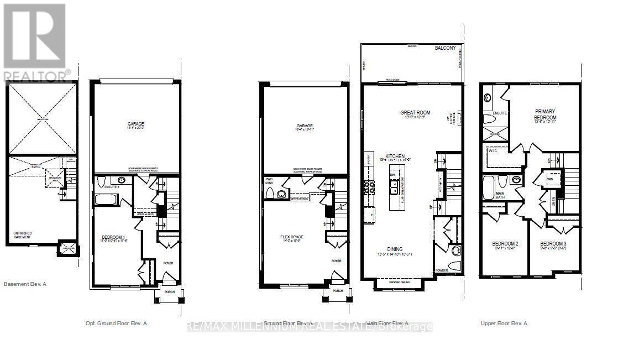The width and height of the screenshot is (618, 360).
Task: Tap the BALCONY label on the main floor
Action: click(445, 48)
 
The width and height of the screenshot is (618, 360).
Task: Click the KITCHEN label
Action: click(395, 156)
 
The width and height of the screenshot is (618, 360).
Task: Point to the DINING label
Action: click(395, 249)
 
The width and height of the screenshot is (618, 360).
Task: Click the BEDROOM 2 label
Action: click(505, 244)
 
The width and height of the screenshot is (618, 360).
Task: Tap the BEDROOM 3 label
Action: click(552, 244)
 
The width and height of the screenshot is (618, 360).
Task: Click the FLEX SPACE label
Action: click(292, 237)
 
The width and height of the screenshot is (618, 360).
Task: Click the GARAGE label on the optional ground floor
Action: click(134, 124)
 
